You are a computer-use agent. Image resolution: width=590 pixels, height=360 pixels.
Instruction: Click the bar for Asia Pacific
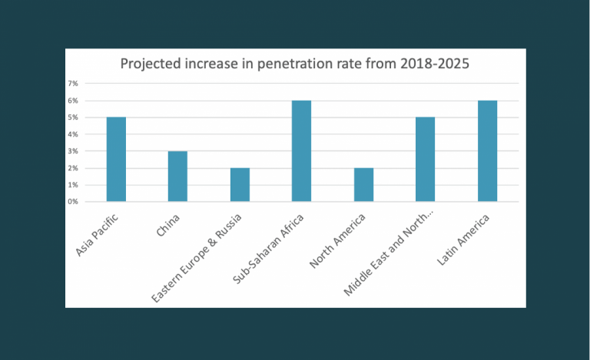coord(116,160)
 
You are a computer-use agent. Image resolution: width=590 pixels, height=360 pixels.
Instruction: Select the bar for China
coord(177,177)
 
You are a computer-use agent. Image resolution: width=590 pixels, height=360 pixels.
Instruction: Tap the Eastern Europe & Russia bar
coord(240,185)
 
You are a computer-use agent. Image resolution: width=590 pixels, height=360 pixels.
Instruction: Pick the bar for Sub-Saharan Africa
coord(301,151)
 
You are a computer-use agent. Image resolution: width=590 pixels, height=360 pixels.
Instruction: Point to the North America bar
coord(363,185)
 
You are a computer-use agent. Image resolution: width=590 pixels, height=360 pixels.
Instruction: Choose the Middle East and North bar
coord(425,160)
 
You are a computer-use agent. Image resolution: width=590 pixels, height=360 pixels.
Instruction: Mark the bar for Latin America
coord(487,151)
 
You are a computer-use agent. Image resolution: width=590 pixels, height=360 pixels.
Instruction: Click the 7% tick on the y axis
coord(74,83)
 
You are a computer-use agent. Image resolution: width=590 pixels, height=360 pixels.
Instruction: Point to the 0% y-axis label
coord(74,202)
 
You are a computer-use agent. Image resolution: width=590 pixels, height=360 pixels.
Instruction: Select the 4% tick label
coord(74,134)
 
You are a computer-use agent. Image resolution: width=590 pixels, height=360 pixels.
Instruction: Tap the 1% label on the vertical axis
coord(74,185)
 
